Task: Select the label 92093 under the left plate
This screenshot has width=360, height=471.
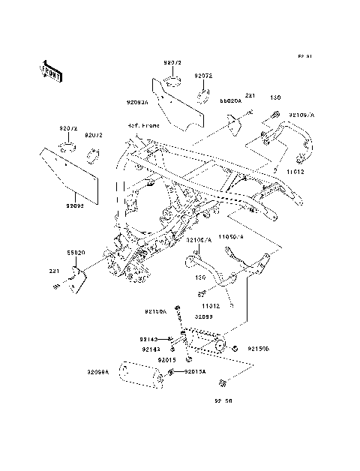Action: tap(75, 204)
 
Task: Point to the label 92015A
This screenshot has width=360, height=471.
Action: tap(196, 372)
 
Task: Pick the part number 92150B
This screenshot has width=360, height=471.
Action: tap(259, 349)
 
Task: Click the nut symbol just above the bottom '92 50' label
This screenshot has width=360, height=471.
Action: tap(224, 385)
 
